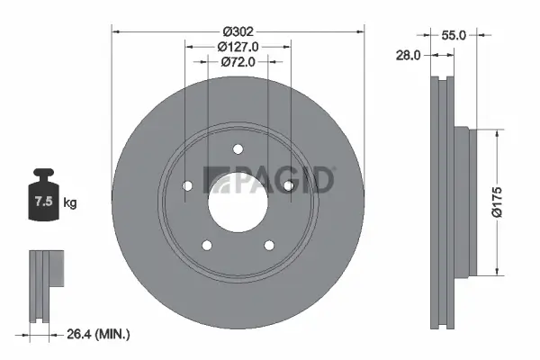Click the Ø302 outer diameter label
click(238, 31)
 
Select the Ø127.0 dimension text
click(238, 47)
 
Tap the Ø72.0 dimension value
click(238, 62)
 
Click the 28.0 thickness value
click(409, 56)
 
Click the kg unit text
click(70, 203)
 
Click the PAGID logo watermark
click(269, 179)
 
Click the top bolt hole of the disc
click(238, 149)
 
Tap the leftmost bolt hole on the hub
click(187, 185)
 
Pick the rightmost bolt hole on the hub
click(288, 185)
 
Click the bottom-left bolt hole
click(206, 245)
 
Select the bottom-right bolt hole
click(268, 245)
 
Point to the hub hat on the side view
click(462, 202)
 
